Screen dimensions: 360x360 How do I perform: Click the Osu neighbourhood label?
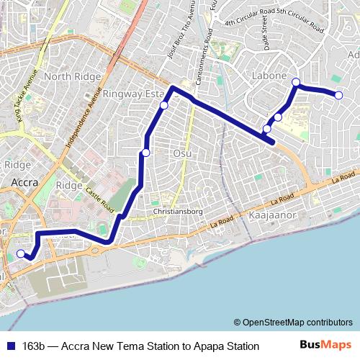181,153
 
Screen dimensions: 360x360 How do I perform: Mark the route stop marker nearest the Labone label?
295,83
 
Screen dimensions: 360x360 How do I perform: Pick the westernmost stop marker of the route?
21,253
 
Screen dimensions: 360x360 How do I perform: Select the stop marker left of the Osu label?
146,152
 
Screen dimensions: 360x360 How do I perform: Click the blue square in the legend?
10,346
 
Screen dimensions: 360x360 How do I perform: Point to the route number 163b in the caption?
35,346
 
